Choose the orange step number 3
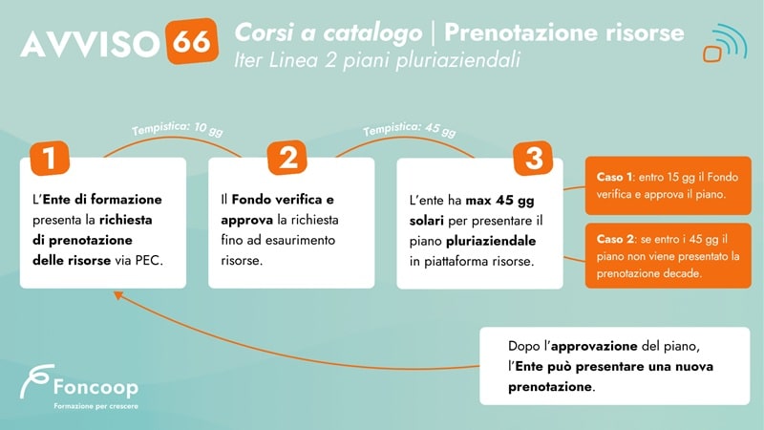(533, 158)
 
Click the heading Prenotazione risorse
(564, 32)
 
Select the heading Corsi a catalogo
(328, 32)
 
